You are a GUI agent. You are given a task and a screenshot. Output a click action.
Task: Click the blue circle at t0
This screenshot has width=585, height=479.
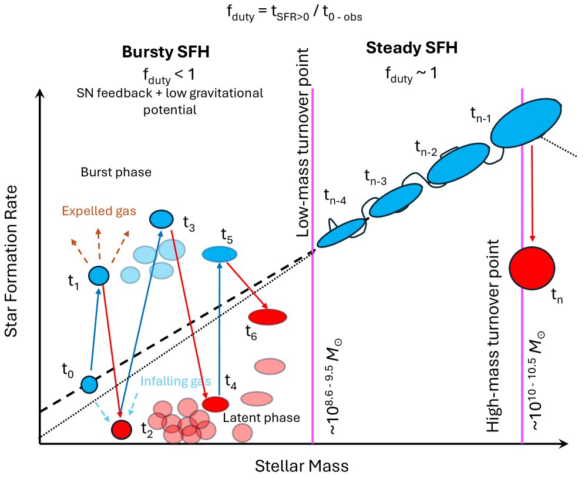(x=89, y=384)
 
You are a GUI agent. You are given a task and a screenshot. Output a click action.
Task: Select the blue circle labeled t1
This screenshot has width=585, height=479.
(x=99, y=274)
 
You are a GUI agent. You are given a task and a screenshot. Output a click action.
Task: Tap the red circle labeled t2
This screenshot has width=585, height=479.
(x=122, y=429)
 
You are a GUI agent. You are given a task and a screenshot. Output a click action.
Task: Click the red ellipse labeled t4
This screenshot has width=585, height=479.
(x=216, y=404)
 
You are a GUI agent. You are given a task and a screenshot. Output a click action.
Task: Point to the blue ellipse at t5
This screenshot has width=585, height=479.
(x=219, y=254)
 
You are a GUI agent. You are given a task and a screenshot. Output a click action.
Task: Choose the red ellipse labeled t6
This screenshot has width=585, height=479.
(x=267, y=317)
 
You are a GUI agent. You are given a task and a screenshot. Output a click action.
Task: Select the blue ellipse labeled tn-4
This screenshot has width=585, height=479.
(x=341, y=232)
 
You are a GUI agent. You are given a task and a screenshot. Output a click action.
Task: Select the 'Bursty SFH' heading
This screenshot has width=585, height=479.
(x=166, y=52)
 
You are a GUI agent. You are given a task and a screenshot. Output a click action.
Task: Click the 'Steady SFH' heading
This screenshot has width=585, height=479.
(x=411, y=48)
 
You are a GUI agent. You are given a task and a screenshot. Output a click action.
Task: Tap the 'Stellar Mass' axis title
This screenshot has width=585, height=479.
(x=301, y=467)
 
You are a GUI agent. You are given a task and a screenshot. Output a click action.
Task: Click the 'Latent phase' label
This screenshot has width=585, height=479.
(x=261, y=418)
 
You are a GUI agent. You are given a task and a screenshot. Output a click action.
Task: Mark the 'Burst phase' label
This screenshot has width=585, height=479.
(x=116, y=173)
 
